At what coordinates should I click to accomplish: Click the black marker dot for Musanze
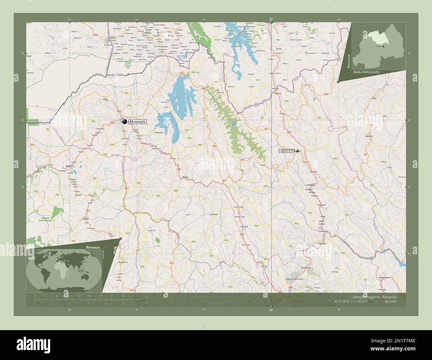pos(125,122)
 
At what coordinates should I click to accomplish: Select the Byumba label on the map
pos(287,151)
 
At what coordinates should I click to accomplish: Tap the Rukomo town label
pos(313,172)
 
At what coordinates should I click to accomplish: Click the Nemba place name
pos(185,177)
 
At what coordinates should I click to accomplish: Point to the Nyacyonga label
pos(305,267)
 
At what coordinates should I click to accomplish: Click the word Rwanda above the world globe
pos(93,248)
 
